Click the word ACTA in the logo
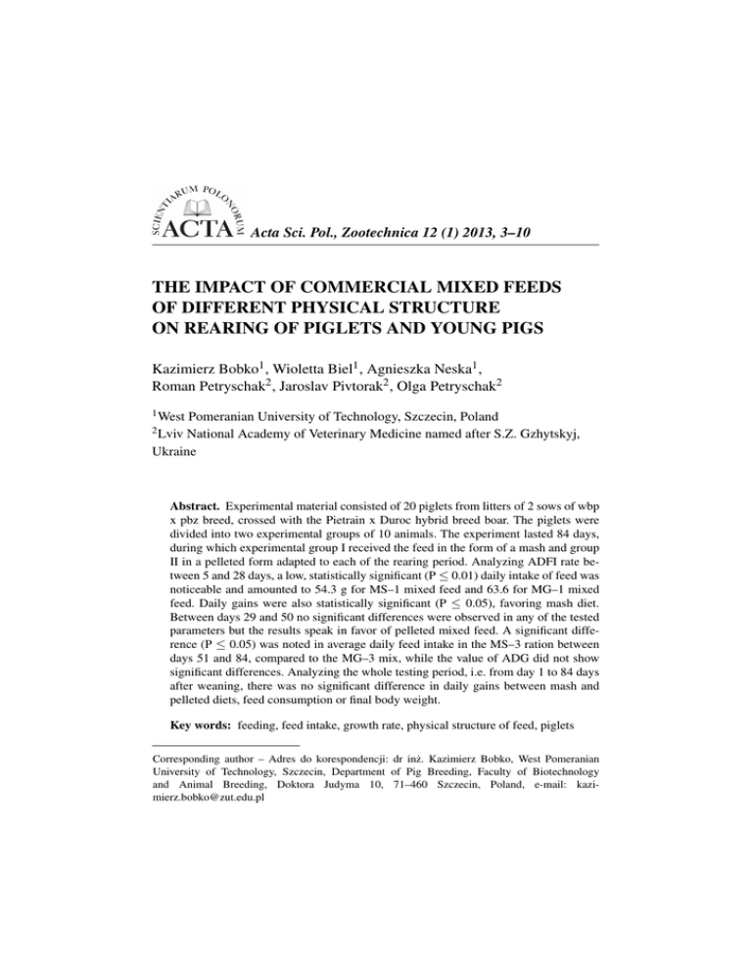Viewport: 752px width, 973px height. click(x=200, y=233)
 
